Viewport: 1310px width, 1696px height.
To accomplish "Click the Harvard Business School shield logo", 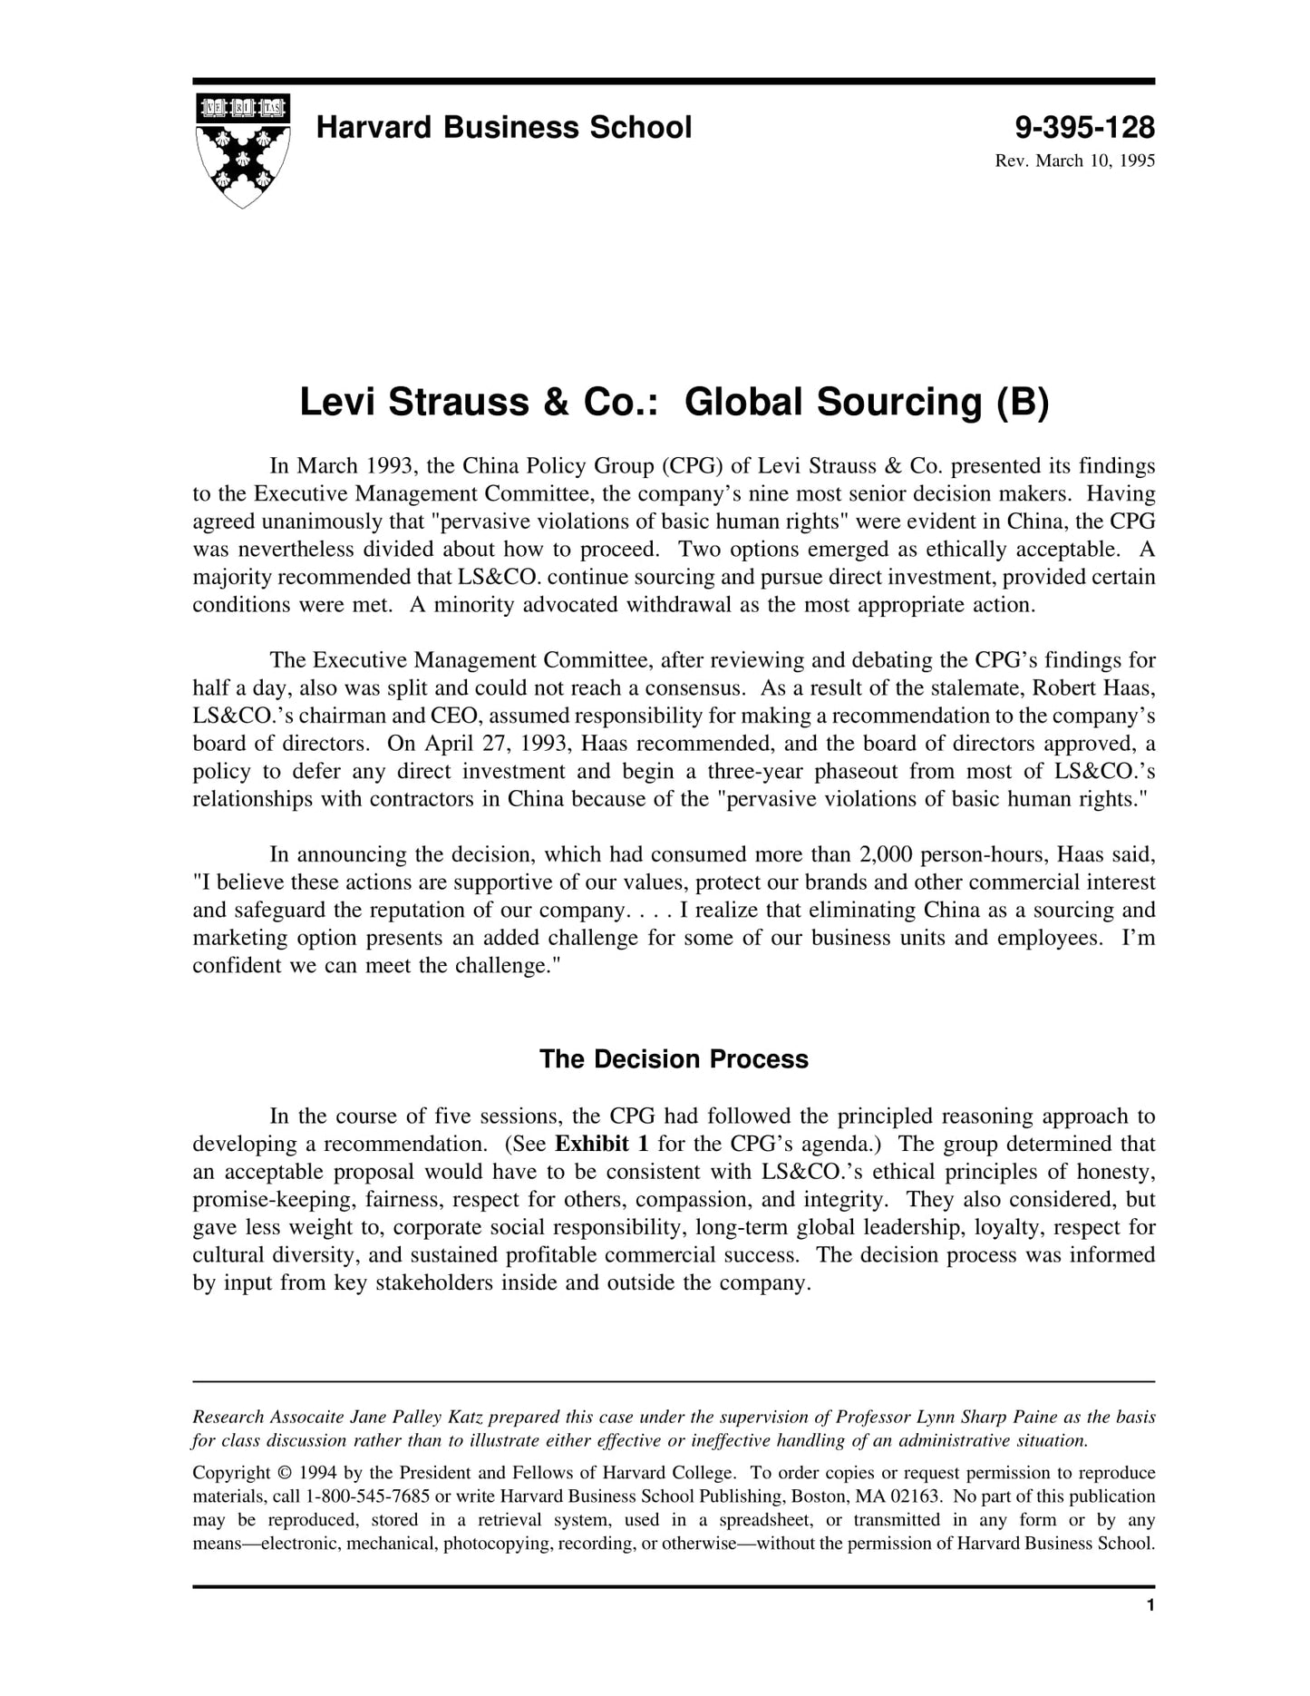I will (243, 150).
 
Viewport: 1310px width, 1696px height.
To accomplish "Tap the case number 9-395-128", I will (1084, 128).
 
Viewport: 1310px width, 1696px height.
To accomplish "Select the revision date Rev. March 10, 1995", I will (1074, 161).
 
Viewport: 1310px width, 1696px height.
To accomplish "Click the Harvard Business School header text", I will (503, 128).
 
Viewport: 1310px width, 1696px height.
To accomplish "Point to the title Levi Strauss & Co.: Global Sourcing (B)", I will (674, 402).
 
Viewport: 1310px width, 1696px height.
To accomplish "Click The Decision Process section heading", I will (674, 1059).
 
